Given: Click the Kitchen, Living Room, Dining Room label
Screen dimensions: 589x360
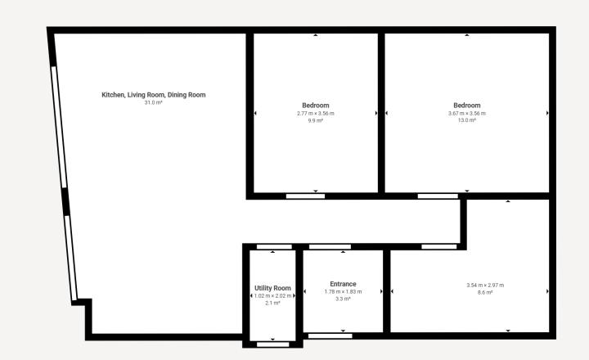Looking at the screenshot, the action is pyautogui.click(x=154, y=95).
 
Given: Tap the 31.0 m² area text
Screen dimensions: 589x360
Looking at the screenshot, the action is pyautogui.click(x=154, y=102).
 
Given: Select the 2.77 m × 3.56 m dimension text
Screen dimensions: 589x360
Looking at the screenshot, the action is pyautogui.click(x=316, y=113).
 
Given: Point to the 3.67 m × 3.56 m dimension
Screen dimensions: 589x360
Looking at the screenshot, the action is pyautogui.click(x=467, y=113).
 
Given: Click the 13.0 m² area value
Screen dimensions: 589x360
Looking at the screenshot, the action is pyautogui.click(x=467, y=120).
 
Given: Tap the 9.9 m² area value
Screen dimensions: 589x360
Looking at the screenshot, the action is pyautogui.click(x=316, y=120).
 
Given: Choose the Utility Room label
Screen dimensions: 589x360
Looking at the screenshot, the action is pyautogui.click(x=272, y=288).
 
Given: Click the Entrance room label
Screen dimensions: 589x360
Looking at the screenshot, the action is pyautogui.click(x=343, y=284).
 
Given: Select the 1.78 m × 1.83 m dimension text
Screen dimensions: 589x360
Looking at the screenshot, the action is pyautogui.click(x=343, y=291).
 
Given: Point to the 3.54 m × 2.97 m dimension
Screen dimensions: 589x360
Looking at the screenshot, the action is pyautogui.click(x=485, y=286).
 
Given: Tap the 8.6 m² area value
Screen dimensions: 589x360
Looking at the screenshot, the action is pyautogui.click(x=485, y=292).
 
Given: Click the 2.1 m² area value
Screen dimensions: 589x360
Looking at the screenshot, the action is pyautogui.click(x=272, y=303).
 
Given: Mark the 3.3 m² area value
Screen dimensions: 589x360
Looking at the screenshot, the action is pyautogui.click(x=343, y=299).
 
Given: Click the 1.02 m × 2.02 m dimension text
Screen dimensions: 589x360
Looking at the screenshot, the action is pyautogui.click(x=272, y=295).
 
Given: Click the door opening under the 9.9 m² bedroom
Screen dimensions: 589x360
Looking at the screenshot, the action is pyautogui.click(x=305, y=196).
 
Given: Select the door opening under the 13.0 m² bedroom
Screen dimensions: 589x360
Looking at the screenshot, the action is pyautogui.click(x=438, y=196).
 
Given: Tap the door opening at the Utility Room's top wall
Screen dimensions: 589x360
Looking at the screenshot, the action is pyautogui.click(x=274, y=247).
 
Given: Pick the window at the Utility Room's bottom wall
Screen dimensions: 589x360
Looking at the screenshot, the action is pyautogui.click(x=273, y=344).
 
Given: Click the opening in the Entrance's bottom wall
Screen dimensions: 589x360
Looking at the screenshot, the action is pyautogui.click(x=330, y=336).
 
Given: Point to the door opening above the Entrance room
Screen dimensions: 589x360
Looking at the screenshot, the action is pyautogui.click(x=330, y=247).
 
